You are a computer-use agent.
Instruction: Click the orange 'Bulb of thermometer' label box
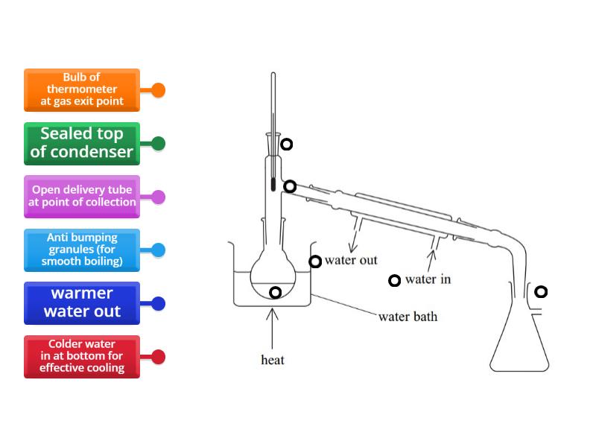82,90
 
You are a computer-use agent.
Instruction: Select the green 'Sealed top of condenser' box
82,144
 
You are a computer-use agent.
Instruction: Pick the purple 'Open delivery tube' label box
82,197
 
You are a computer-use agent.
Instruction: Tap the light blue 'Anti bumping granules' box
82,250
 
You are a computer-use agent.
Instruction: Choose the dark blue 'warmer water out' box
82,303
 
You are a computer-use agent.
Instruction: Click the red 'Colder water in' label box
82,357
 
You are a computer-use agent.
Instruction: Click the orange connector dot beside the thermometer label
158,90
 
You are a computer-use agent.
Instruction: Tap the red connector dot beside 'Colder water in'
158,357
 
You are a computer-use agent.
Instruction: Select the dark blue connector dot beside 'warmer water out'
158,303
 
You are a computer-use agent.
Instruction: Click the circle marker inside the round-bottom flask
275,293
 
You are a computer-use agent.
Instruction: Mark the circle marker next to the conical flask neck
541,291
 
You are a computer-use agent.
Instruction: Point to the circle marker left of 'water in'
395,281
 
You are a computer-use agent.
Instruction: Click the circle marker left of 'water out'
315,261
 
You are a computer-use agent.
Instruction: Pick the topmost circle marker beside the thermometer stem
286,145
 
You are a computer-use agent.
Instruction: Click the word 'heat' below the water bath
273,361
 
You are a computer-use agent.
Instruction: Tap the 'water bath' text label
408,317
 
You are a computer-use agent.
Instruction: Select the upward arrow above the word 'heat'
273,328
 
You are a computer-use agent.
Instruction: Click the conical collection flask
519,343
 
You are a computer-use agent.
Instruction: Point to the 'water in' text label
428,280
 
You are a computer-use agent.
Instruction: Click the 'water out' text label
351,261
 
